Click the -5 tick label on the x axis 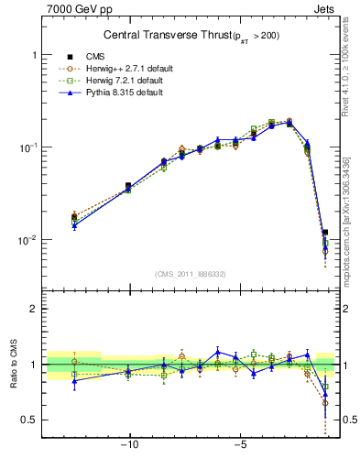[239, 448]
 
